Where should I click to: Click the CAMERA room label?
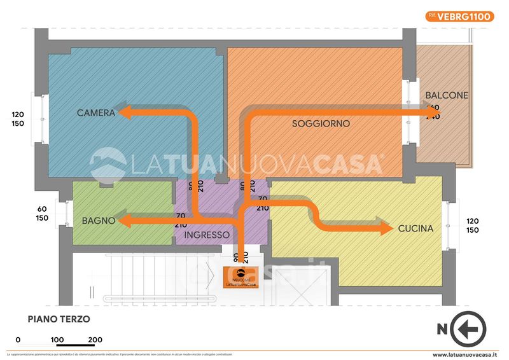tap(96, 113)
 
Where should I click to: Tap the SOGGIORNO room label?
tap(321, 123)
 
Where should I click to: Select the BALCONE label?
tap(447, 96)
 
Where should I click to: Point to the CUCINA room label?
tap(415, 228)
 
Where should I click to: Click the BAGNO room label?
tap(99, 221)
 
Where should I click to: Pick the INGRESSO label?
tap(207, 235)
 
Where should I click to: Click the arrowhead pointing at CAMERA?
tap(127, 113)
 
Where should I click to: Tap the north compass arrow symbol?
tap(468, 329)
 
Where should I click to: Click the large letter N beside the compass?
tap(442, 329)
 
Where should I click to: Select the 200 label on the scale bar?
tap(95, 340)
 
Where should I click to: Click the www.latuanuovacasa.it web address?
tap(469, 355)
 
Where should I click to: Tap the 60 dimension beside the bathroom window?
tap(43, 209)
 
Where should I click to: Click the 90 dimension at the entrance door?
tap(236, 258)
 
